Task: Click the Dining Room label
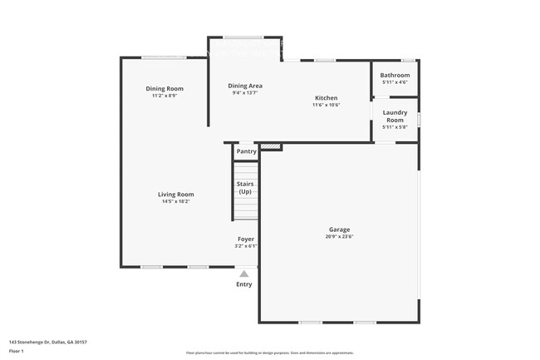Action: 164,89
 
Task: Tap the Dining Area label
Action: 245,86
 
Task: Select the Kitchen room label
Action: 325,97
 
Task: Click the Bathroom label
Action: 395,76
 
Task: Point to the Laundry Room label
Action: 395,116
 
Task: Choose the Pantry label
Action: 246,151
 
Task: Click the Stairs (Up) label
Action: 245,187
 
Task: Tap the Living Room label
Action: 176,195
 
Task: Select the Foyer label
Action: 246,239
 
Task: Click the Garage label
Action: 339,229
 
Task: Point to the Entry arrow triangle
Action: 244,273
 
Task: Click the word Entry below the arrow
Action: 244,284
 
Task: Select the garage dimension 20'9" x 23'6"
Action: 339,236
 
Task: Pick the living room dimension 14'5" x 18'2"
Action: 176,201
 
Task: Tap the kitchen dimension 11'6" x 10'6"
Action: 325,105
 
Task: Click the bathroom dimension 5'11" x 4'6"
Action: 395,82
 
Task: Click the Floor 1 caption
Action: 17,351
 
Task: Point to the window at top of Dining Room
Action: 163,57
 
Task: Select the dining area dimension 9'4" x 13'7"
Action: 245,92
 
